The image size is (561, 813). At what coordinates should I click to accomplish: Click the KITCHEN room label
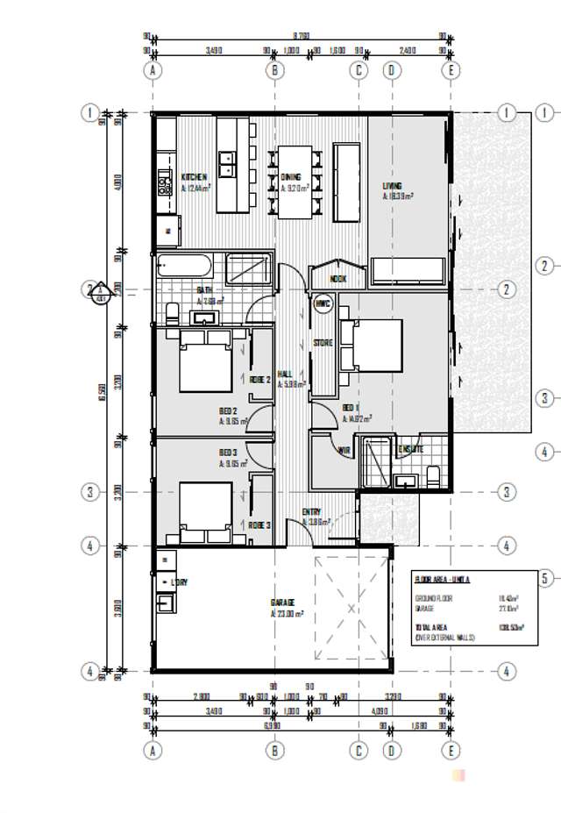click(x=194, y=176)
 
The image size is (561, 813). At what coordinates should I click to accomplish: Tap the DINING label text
click(x=291, y=176)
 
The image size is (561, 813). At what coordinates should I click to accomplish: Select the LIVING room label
click(x=392, y=186)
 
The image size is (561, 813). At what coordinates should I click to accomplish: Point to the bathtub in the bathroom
click(x=183, y=266)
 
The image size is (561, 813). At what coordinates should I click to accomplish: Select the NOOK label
click(x=338, y=279)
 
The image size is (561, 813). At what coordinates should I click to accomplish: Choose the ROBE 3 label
click(x=259, y=524)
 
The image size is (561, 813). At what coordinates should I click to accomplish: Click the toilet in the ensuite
click(x=433, y=474)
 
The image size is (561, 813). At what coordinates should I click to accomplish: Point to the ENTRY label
click(x=311, y=512)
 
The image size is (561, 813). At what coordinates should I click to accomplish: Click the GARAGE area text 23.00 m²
click(x=288, y=614)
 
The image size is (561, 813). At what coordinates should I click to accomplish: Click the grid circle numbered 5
click(x=545, y=578)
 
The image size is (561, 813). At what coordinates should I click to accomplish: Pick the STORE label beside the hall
click(x=323, y=343)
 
